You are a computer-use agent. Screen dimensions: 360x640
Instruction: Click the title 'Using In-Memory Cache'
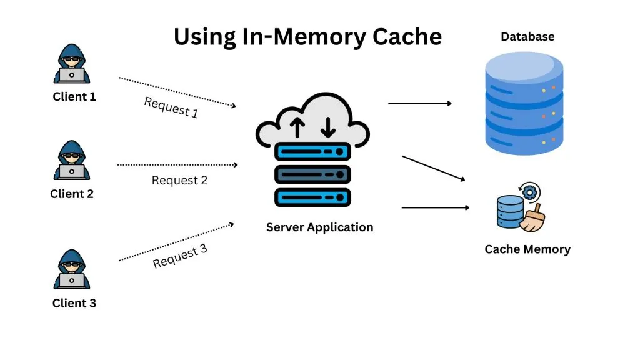(307, 37)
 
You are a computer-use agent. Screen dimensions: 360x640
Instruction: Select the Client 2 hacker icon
(71, 161)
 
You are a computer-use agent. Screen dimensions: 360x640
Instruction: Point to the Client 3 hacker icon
(71, 270)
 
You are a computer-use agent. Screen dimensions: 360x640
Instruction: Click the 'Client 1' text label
(74, 97)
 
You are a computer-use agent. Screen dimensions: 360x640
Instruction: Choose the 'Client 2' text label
(71, 194)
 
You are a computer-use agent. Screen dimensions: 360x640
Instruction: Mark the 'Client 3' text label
(74, 304)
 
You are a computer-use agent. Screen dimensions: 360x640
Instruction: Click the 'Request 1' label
(171, 107)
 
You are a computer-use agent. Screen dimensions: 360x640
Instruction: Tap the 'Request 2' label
(179, 181)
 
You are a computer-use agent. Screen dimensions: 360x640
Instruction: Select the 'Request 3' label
(179, 256)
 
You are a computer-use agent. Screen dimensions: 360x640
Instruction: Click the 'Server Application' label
(319, 227)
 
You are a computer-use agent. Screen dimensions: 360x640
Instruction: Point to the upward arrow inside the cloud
(297, 127)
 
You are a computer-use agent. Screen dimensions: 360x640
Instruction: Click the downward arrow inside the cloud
(327, 127)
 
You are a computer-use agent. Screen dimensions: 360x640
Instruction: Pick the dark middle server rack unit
(312, 173)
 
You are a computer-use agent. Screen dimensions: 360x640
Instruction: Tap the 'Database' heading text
(527, 37)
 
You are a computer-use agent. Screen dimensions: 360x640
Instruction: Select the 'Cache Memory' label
(527, 249)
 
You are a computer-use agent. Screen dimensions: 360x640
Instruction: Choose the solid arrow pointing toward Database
(419, 103)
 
